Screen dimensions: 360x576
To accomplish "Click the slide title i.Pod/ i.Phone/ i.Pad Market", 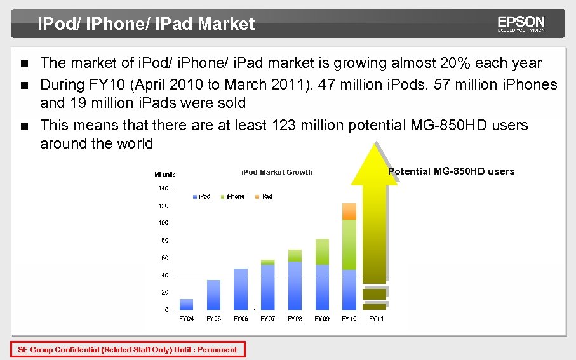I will (x=146, y=24).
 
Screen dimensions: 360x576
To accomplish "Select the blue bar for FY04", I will (x=187, y=304).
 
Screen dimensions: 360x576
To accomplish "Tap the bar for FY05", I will (x=213, y=295).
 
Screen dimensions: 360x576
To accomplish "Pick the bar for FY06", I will (x=241, y=289).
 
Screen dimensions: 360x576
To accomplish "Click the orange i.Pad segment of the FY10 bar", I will (x=349, y=211).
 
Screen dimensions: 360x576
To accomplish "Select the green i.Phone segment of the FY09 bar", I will (x=322, y=252).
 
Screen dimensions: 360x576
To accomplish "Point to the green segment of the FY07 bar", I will (x=267, y=262).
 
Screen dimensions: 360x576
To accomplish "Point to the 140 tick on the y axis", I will (x=163, y=189).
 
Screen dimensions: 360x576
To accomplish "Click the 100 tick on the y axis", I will (x=163, y=223).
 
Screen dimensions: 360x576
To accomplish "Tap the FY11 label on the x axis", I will (x=376, y=318).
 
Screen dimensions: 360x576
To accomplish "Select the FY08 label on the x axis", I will (x=295, y=318).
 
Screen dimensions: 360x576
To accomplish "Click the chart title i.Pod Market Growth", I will (x=276, y=173).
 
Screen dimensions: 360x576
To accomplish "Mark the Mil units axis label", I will (x=165, y=175).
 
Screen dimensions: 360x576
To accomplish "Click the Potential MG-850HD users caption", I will (x=451, y=171).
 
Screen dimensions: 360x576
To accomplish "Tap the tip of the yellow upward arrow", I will (x=374, y=143).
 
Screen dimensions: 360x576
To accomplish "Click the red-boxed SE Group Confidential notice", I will (x=128, y=349).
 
